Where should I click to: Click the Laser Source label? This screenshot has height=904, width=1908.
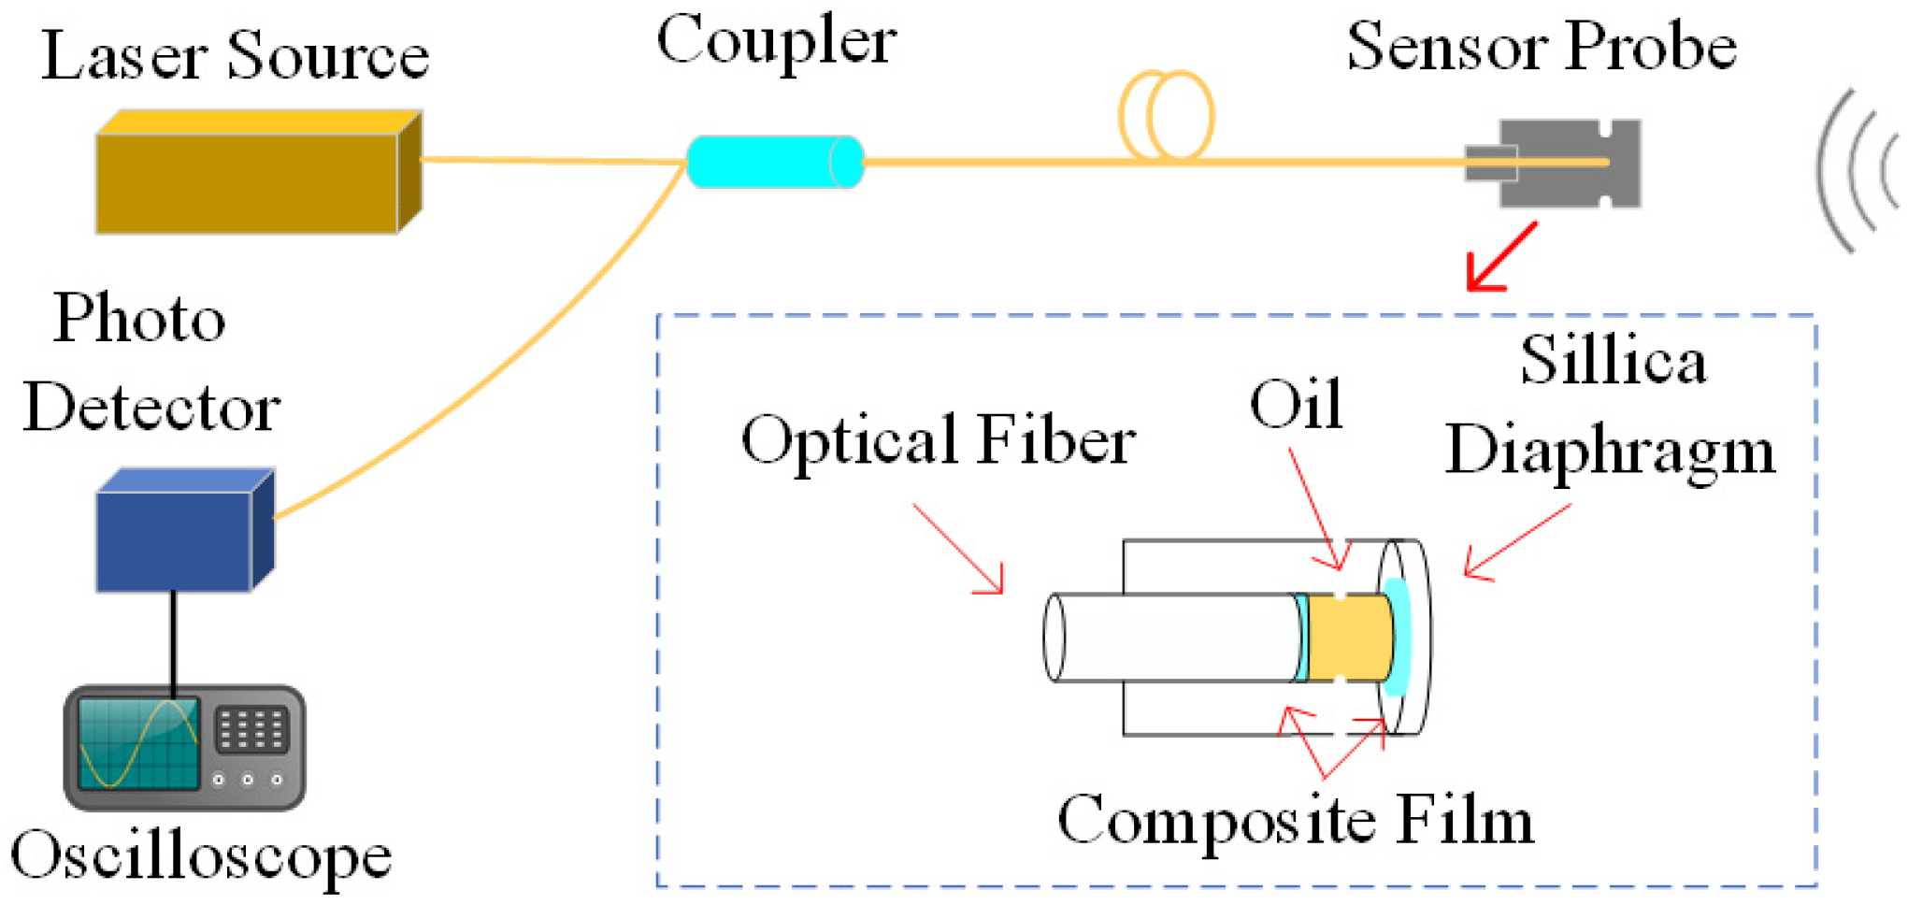click(236, 56)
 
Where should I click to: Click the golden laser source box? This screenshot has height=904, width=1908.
click(248, 181)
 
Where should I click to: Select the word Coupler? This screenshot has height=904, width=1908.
click(776, 41)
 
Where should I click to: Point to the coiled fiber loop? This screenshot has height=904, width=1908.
click(1167, 116)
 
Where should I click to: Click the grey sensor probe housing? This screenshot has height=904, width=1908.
click(1571, 164)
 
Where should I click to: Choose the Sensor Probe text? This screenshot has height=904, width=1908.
click(1541, 47)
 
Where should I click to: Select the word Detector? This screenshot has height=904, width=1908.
click(151, 408)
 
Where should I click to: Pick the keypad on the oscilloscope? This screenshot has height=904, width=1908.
click(251, 728)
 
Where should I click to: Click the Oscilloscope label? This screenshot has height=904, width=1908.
click(201, 856)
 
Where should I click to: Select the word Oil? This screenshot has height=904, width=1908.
click(1296, 405)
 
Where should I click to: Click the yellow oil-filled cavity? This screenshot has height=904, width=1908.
click(1350, 637)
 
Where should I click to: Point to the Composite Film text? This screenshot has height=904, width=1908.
click(1295, 821)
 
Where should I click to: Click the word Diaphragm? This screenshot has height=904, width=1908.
click(1610, 451)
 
